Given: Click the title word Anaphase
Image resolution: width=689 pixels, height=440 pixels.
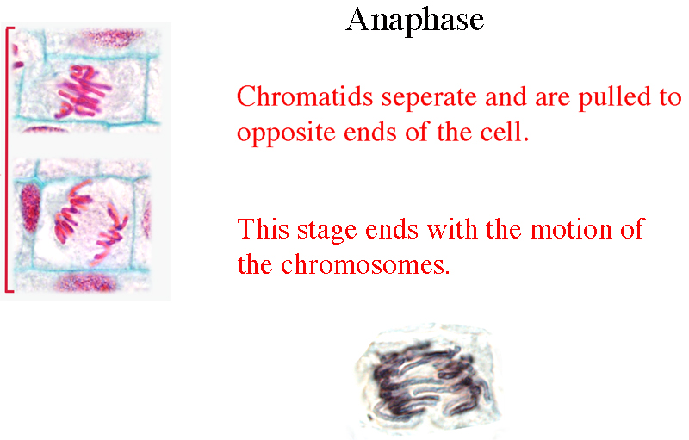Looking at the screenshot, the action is [415, 21].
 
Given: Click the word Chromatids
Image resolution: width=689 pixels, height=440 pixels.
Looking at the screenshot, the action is [305, 96].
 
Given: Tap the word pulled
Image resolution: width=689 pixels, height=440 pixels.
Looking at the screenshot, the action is [616, 98].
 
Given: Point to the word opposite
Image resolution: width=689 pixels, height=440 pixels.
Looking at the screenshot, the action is [286, 133].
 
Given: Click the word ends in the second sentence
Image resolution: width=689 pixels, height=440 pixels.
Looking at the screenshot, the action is [392, 230].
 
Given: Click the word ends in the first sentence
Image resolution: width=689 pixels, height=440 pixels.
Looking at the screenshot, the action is [370, 133].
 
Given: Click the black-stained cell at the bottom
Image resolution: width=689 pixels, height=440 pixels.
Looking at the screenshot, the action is [428, 380].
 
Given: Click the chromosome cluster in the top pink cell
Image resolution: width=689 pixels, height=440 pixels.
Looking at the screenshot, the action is [83, 92].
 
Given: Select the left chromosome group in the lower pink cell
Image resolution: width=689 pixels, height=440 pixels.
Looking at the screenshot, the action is [71, 212].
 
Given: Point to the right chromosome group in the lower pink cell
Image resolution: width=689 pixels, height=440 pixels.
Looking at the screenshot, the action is [110, 232].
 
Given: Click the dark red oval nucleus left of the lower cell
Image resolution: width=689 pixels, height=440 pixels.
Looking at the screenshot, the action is [30, 208].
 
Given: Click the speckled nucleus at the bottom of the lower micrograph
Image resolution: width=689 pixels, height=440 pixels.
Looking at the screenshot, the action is [88, 282].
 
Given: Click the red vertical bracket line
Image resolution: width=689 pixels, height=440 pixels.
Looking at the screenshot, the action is [7, 159].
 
